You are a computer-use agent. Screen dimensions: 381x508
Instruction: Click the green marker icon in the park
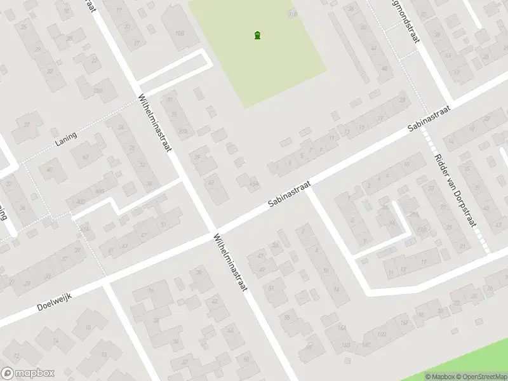pyautogui.click(x=257, y=36)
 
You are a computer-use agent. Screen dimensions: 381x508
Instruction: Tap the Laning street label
pyautogui.click(x=66, y=139)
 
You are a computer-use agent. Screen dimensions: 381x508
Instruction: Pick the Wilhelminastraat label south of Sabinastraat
pyautogui.click(x=229, y=262)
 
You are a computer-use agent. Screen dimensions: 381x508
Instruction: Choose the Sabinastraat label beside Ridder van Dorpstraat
pyautogui.click(x=429, y=119)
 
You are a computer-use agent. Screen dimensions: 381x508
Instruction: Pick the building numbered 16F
pyautogui.click(x=403, y=323)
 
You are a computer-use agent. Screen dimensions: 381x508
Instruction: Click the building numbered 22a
pyautogui.click(x=98, y=91)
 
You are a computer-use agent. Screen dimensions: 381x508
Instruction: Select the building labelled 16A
pyautogui.click(x=343, y=328)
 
